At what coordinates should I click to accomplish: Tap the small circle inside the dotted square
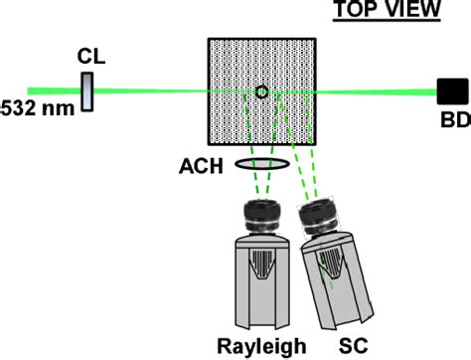(x=261, y=92)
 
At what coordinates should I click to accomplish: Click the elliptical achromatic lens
(x=262, y=163)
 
